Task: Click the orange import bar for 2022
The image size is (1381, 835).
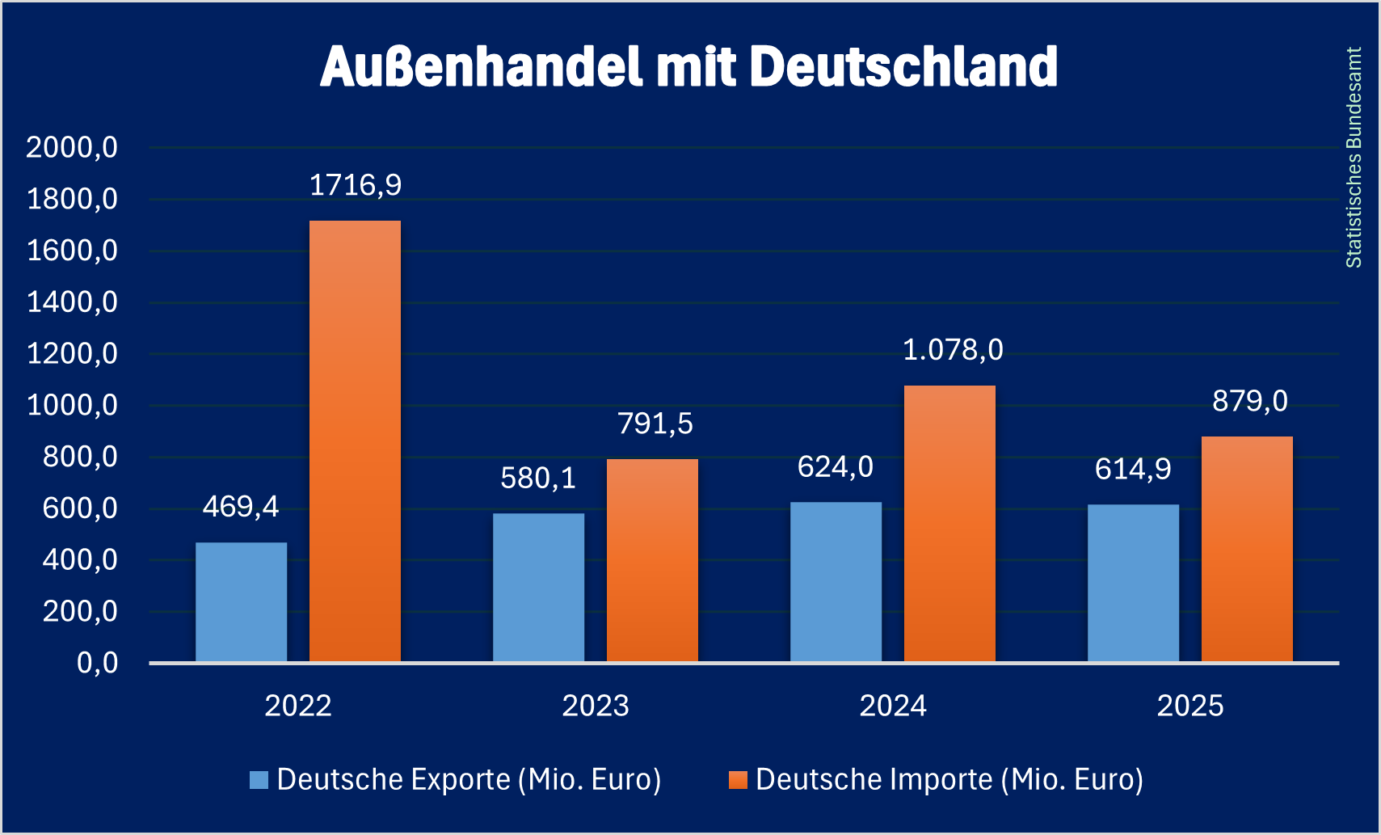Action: [x=355, y=441]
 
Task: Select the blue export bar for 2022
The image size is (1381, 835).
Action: [x=241, y=601]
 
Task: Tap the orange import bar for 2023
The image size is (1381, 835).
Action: [x=652, y=560]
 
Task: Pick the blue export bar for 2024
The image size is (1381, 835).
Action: [x=836, y=582]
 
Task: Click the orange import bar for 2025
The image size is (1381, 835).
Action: [x=1247, y=549]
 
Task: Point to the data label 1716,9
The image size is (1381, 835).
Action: [x=356, y=185]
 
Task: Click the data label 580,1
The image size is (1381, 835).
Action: [x=538, y=479]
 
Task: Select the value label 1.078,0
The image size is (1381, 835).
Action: [x=953, y=350]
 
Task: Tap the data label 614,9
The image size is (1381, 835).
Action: [x=1133, y=469]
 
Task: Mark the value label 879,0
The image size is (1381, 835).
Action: [x=1250, y=401]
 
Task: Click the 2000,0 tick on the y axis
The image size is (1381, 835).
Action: [x=72, y=147]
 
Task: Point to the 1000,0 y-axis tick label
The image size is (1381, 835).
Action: [x=72, y=405]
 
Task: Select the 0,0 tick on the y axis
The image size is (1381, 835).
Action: [x=97, y=663]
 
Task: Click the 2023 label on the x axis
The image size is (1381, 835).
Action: [x=596, y=706]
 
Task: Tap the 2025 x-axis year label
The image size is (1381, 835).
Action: [x=1190, y=706]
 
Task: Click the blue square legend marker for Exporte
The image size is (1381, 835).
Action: [x=259, y=780]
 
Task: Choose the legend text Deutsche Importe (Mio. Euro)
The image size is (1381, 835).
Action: [x=949, y=780]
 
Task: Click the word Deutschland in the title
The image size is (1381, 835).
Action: [x=903, y=66]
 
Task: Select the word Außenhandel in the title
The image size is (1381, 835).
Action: [x=481, y=66]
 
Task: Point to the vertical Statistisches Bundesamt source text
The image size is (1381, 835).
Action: [x=1354, y=158]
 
